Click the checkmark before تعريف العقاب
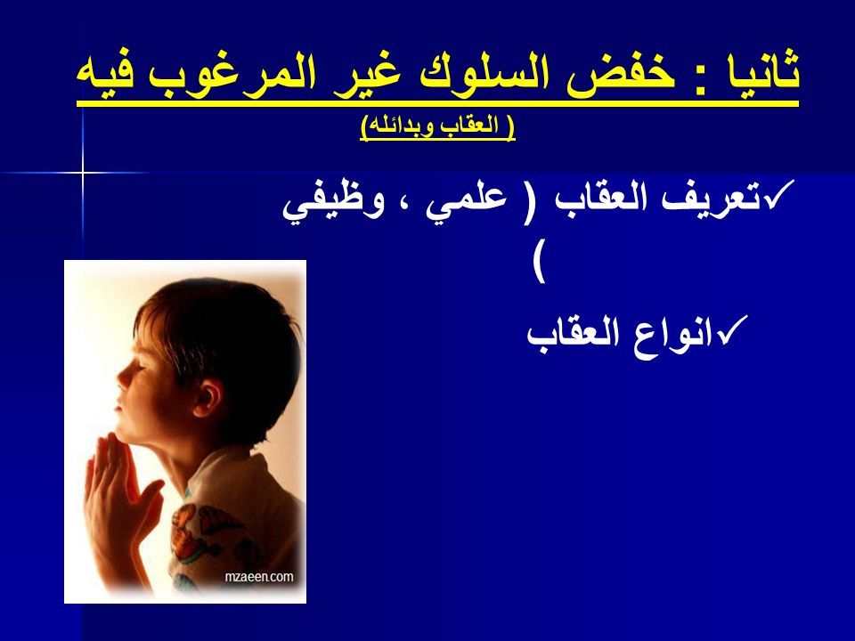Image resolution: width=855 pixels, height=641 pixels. coord(775,195)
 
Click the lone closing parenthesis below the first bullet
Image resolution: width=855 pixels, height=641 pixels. coord(539,267)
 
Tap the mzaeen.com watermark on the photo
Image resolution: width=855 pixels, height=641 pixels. coord(259,576)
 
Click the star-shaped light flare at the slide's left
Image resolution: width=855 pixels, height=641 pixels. coord(83,174)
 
